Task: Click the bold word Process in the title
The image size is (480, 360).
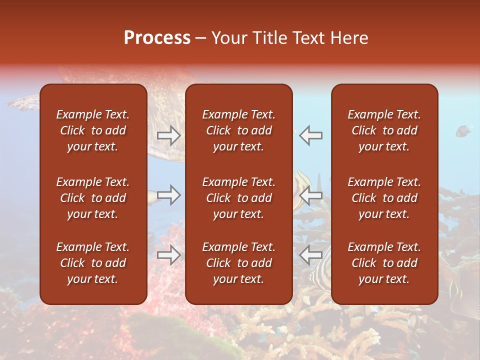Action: (x=157, y=38)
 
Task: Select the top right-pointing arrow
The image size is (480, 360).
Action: (x=168, y=135)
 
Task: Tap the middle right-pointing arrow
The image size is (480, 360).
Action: (x=168, y=195)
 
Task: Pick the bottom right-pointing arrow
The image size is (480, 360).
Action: (x=168, y=255)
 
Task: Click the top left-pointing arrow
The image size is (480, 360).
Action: (x=311, y=135)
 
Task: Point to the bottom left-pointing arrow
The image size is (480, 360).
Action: (x=311, y=255)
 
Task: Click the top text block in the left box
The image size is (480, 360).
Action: (x=93, y=130)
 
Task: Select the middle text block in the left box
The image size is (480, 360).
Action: (x=93, y=198)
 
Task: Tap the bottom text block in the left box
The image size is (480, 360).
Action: (x=93, y=263)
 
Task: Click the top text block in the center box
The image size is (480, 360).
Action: (x=239, y=130)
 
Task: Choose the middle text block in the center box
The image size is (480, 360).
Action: (x=239, y=198)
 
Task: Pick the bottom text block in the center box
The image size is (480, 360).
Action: (x=239, y=263)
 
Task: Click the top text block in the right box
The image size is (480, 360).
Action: (x=384, y=130)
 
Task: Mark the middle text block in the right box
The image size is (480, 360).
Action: (x=384, y=198)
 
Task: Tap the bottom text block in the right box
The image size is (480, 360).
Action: (x=384, y=263)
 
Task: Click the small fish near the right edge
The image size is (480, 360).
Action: (x=463, y=131)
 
